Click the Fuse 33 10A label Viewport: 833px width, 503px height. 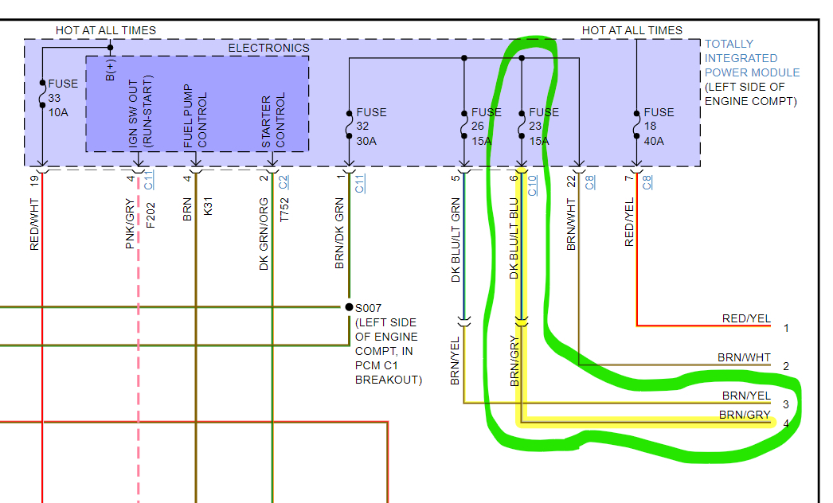pyautogui.click(x=63, y=98)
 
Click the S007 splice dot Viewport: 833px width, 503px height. pyautogui.click(x=349, y=306)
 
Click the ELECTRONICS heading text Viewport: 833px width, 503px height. pyautogui.click(x=268, y=48)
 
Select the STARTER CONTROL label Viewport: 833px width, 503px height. pyautogui.click(x=272, y=121)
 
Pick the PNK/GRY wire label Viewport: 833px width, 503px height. pyautogui.click(x=130, y=224)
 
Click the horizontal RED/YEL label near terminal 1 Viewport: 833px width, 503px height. pyautogui.click(x=746, y=318)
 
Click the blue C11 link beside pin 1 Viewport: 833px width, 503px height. pyautogui.click(x=360, y=184)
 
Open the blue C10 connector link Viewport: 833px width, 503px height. pyautogui.click(x=533, y=184)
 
